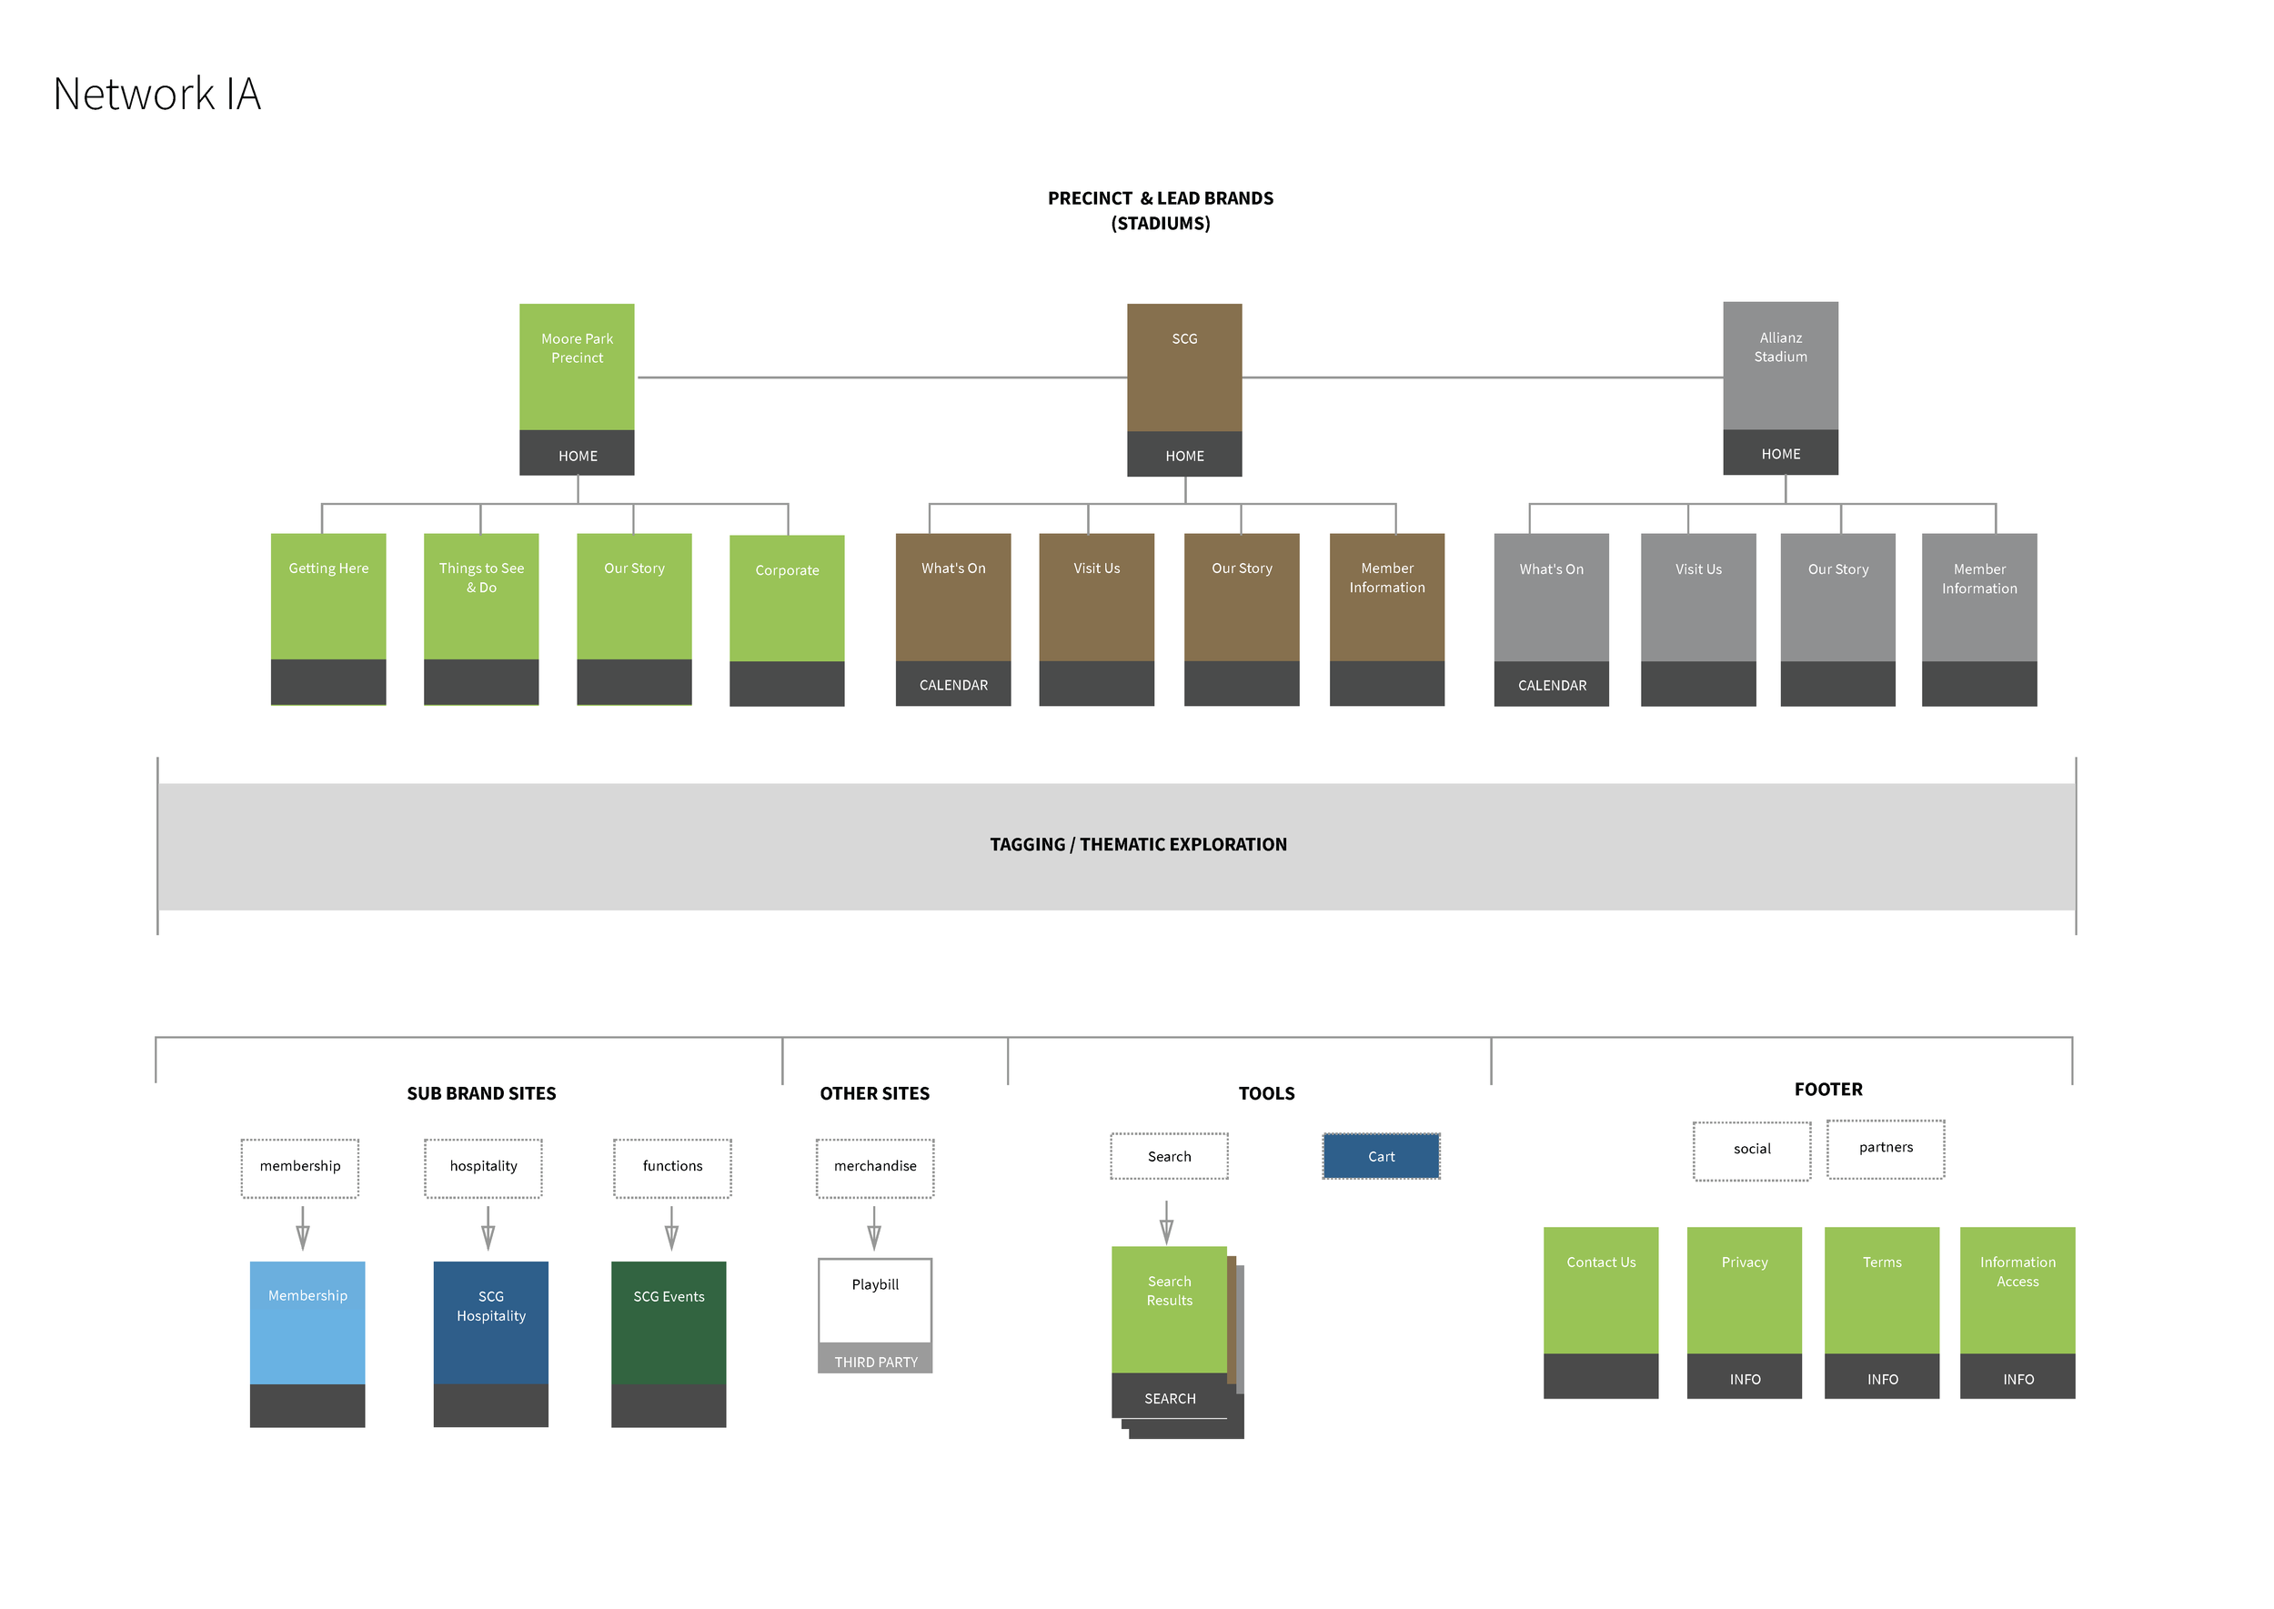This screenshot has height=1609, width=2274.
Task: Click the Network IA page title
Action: (x=156, y=94)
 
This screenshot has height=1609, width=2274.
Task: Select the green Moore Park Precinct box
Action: (x=577, y=366)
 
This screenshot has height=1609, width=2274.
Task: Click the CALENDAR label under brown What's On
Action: (x=953, y=685)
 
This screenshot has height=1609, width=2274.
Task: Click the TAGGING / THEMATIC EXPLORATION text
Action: (x=1138, y=844)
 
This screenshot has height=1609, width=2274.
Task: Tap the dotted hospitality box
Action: (x=484, y=1167)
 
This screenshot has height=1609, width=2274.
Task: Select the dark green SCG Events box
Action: (x=669, y=1322)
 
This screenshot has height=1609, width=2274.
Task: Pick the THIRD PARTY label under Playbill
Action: (x=875, y=1362)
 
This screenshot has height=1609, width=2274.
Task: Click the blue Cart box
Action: (x=1380, y=1156)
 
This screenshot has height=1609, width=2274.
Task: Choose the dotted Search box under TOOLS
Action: (x=1169, y=1156)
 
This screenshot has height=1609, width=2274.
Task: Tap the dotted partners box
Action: (x=1885, y=1148)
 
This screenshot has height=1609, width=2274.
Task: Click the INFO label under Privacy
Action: (x=1744, y=1378)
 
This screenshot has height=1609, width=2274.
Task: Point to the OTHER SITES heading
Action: (x=874, y=1092)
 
